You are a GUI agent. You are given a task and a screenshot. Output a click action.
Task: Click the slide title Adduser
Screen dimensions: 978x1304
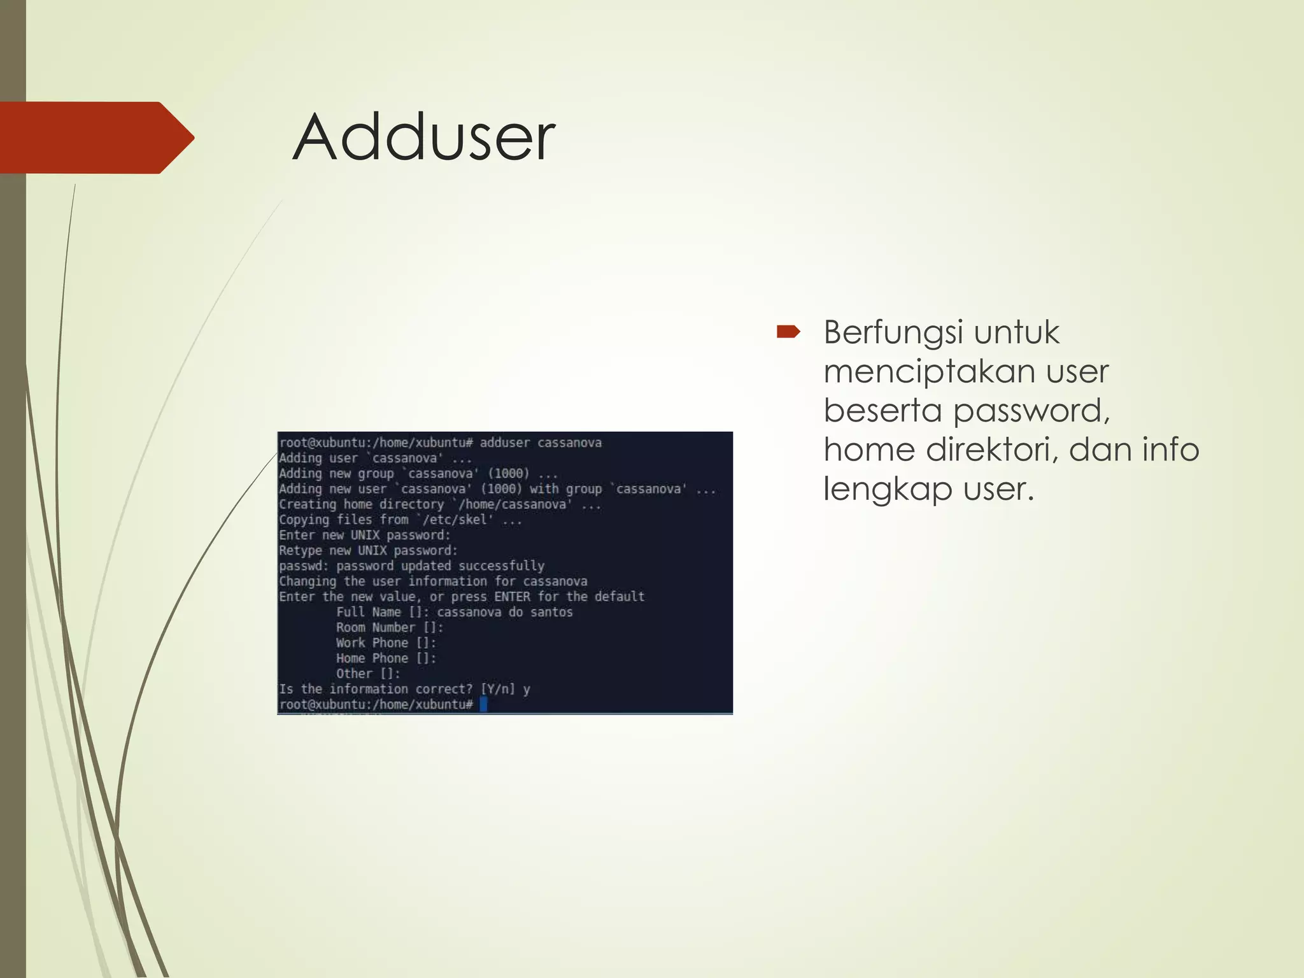[423, 138]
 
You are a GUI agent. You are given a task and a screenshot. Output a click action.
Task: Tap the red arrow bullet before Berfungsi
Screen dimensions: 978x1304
[788, 332]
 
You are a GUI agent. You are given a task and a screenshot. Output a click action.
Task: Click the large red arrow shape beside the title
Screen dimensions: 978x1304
[96, 138]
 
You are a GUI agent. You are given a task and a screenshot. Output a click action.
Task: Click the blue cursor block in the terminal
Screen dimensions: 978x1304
[483, 704]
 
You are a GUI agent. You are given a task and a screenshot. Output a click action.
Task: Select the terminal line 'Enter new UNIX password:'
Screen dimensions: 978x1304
[364, 535]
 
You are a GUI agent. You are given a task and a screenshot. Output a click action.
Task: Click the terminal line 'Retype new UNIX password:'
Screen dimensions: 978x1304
[368, 550]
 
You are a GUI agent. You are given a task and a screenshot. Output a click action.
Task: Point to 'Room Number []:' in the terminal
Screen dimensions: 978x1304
[390, 627]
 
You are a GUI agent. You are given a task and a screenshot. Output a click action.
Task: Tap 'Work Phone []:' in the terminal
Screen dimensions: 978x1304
[386, 642]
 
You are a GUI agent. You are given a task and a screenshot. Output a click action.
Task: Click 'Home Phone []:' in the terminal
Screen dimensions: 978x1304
[386, 658]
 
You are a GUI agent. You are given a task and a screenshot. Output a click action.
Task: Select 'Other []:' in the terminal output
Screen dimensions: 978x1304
[368, 673]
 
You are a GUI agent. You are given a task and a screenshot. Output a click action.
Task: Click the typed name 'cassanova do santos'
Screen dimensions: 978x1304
[504, 612]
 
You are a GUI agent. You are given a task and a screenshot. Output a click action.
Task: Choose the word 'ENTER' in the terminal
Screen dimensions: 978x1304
[512, 597]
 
